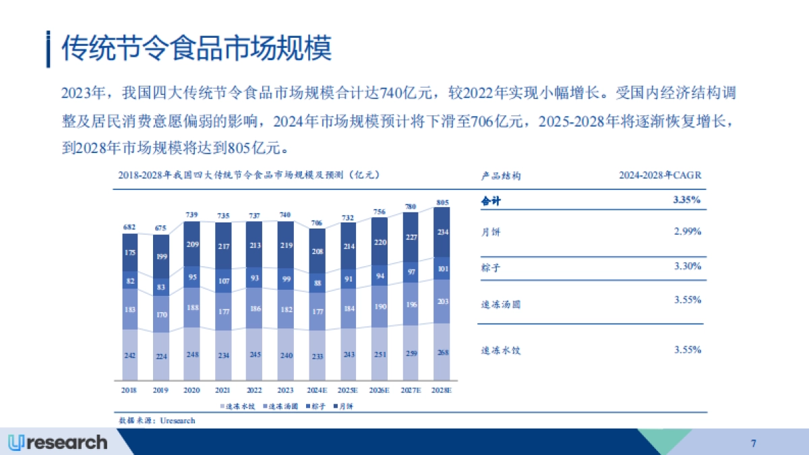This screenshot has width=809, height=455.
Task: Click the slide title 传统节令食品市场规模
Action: coord(197,49)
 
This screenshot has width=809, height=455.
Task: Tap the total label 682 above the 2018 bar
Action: coord(129,227)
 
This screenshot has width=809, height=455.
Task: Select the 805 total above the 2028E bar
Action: coord(442,202)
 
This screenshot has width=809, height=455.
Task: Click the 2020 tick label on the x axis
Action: coord(191,390)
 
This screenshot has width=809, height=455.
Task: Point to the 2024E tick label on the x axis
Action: coord(317,390)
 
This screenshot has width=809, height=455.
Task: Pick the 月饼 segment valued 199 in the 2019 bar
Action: coord(160,256)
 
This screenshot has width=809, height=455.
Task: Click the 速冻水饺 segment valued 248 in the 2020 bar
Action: coord(191,354)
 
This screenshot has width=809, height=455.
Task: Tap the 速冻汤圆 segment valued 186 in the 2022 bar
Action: coord(254,308)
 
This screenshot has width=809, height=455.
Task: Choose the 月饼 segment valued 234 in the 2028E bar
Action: coord(442,232)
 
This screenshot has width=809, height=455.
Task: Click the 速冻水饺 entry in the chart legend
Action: coord(241,406)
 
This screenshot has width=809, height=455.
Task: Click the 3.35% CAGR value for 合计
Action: coord(688,200)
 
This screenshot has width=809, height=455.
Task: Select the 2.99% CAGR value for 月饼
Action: coord(688,231)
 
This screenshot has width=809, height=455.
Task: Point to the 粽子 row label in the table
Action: coord(491,268)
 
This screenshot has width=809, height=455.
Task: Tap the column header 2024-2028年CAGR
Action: coord(661,175)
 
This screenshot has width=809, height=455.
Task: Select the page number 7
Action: coord(753,443)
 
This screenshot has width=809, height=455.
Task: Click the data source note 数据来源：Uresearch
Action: coord(157,421)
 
